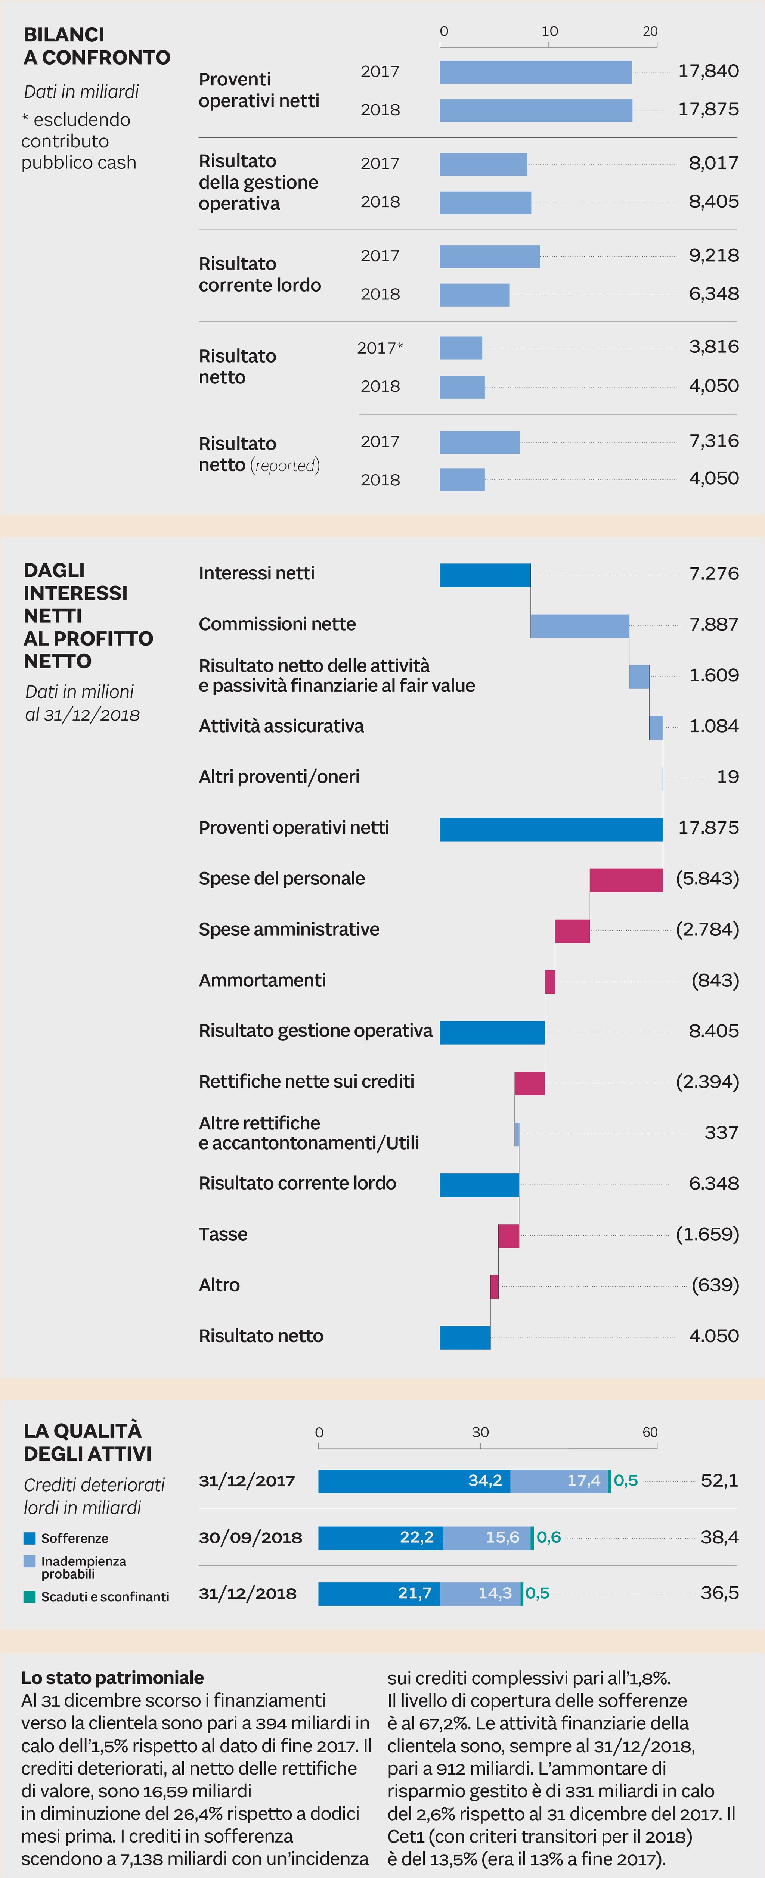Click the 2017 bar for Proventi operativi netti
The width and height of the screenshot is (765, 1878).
click(x=535, y=72)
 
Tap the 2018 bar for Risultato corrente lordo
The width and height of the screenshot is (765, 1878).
click(x=474, y=295)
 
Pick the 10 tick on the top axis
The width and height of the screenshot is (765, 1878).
click(x=549, y=31)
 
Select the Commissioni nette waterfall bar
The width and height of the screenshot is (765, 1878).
click(x=580, y=625)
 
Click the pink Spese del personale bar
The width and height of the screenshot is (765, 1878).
click(x=626, y=880)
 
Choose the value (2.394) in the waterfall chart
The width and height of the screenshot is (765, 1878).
click(x=707, y=1081)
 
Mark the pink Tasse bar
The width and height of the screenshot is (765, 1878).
click(x=508, y=1236)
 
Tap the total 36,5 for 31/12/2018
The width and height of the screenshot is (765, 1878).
click(x=719, y=1593)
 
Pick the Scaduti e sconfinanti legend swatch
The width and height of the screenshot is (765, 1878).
click(x=29, y=1596)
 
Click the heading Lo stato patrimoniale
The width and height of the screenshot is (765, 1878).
click(x=112, y=1678)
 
